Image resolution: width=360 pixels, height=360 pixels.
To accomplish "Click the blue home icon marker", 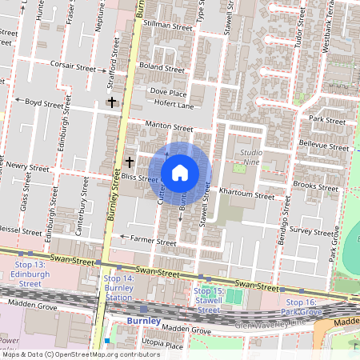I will click(180, 173).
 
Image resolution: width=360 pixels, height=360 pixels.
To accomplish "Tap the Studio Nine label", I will click(251, 157).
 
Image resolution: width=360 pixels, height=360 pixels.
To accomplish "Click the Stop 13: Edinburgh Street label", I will click(29, 274).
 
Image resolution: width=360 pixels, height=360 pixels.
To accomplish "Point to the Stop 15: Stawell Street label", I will click(208, 300).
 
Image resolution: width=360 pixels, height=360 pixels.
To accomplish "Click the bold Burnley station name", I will click(144, 321).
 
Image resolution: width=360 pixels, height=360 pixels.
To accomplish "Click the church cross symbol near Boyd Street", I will click(112, 102).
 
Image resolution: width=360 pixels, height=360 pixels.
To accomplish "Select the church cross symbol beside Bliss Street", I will click(129, 162).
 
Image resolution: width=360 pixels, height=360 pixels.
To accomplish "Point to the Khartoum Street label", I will click(247, 195).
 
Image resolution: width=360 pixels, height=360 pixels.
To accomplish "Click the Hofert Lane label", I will click(174, 106).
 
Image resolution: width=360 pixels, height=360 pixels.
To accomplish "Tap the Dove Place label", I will click(168, 93).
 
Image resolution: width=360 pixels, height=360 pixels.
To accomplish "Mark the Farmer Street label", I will click(154, 241).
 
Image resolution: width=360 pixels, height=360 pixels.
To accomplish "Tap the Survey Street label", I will click(309, 230).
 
